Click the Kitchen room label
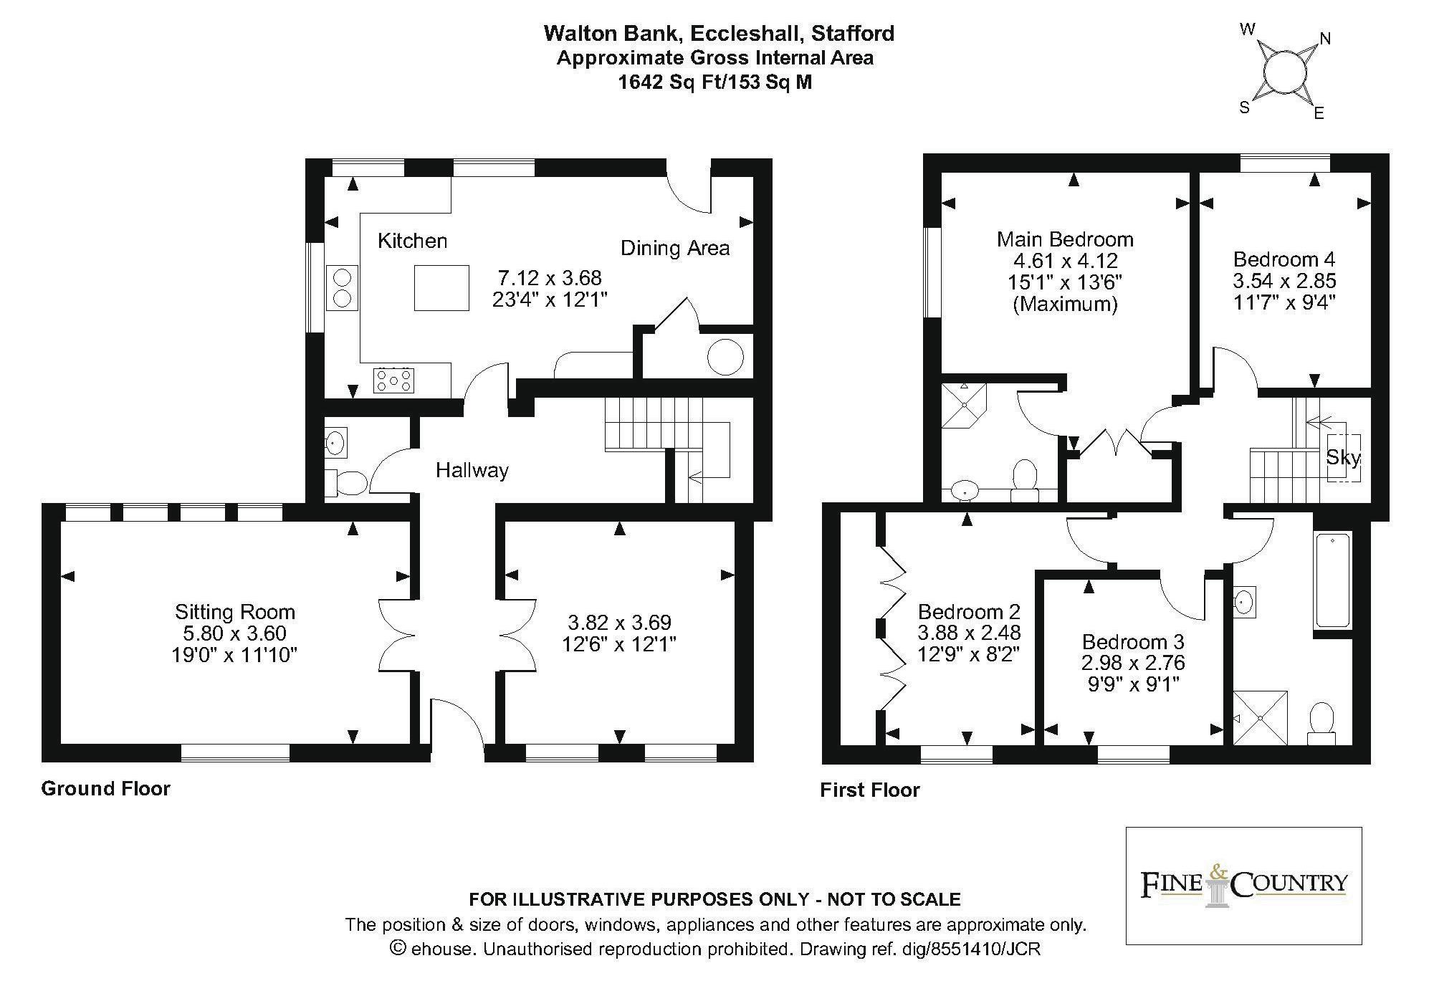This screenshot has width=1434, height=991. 412,241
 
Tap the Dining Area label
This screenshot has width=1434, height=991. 675,248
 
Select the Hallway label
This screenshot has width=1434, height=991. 472,470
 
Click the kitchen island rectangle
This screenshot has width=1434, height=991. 441,287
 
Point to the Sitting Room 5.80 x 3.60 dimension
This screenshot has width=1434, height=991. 235,633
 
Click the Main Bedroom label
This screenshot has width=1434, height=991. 1065,239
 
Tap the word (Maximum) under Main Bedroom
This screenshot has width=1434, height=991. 1065,304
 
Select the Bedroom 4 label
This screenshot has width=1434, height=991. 1284,259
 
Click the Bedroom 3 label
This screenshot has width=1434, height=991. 1133,641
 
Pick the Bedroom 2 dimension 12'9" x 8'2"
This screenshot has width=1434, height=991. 969,654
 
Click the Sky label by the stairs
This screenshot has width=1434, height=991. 1342,457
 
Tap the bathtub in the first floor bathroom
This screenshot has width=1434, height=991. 1333,580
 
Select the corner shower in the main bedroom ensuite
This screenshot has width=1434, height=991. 964,406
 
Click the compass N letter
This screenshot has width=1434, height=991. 1325,39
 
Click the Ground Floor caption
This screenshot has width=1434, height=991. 106,788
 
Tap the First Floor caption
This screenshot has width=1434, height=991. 870,790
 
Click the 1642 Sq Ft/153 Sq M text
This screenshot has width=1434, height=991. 715,82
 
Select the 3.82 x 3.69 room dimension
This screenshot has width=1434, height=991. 619,622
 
